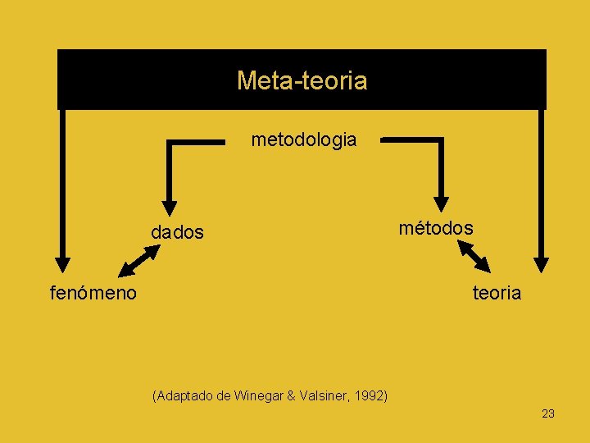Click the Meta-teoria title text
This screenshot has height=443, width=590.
[x=302, y=80]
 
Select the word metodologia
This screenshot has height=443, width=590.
[x=304, y=139]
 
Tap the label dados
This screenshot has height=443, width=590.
[x=177, y=233]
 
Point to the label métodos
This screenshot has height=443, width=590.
[x=436, y=227]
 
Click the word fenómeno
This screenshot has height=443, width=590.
[x=93, y=292]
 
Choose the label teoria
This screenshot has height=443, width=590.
[x=497, y=293]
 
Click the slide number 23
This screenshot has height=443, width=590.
[x=548, y=413]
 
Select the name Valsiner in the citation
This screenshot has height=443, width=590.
[x=324, y=395]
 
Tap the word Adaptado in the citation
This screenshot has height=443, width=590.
[x=185, y=395]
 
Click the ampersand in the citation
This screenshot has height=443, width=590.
[x=290, y=395]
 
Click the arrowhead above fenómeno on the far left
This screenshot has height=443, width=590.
[x=61, y=262]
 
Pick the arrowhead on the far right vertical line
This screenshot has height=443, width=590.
[x=541, y=262]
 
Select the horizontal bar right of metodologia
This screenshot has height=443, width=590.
[x=412, y=140]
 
